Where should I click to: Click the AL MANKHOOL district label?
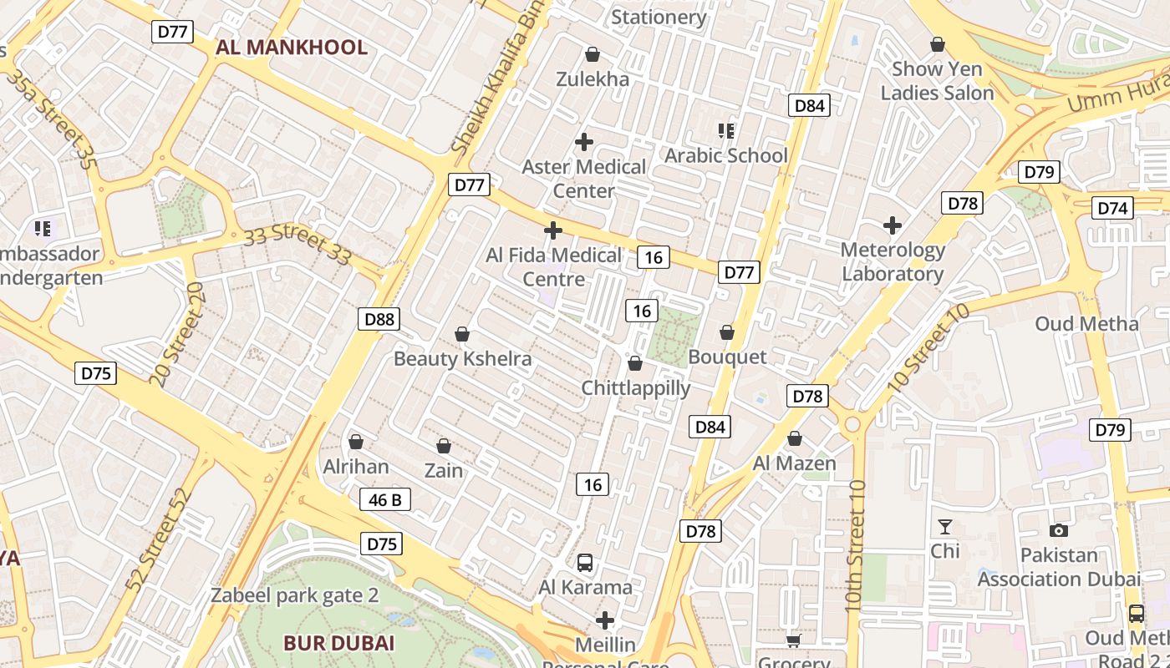[291, 47]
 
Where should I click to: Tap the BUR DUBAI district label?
[338, 643]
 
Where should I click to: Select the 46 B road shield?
[385, 499]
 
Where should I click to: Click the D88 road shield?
[379, 318]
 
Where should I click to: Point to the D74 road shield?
[1112, 208]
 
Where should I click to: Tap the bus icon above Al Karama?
[585, 563]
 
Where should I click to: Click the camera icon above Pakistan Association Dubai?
[1058, 530]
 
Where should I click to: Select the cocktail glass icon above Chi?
[945, 527]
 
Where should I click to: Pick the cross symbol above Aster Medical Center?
[584, 141]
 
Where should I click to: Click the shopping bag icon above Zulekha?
[593, 55]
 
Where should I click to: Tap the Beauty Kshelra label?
[462, 359]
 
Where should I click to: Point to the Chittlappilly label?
[636, 388]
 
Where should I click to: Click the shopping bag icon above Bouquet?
[727, 332]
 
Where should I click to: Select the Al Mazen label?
[794, 463]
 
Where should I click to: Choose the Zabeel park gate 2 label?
[294, 595]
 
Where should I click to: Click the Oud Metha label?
[1086, 323]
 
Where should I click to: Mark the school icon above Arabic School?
[725, 130]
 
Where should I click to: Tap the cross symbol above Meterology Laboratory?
[893, 225]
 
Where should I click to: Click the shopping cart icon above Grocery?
[793, 640]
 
